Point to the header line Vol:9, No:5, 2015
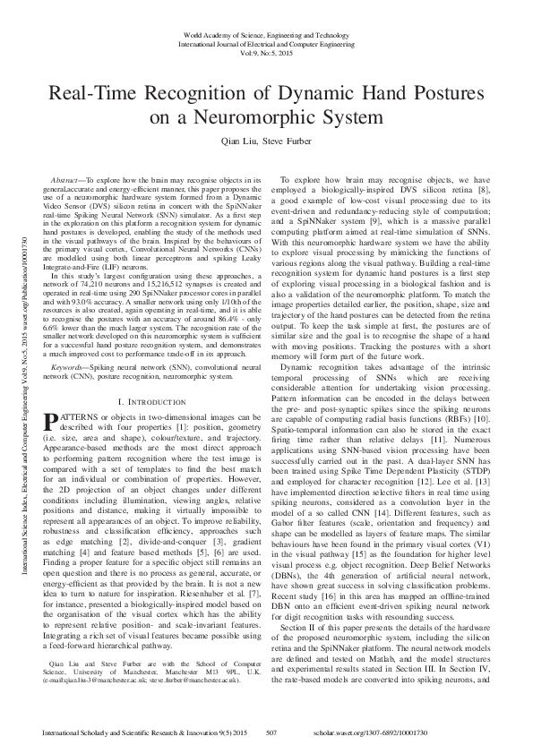click(x=266, y=52)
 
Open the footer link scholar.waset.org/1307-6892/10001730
click(x=431, y=733)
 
